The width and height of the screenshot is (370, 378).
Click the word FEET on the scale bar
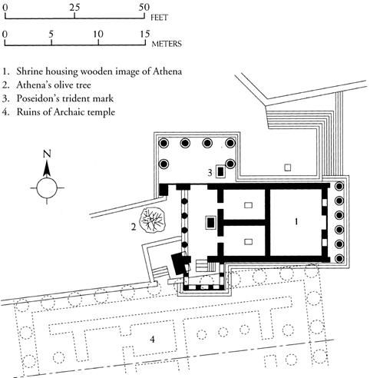pos(159,18)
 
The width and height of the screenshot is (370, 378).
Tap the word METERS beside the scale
pos(167,44)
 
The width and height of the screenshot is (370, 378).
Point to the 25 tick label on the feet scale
pos(74,7)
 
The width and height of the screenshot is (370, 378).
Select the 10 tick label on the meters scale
pos(98,34)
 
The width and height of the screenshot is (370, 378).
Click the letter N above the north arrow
pos(47,154)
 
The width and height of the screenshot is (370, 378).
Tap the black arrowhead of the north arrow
pos(47,169)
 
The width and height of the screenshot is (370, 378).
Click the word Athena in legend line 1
pos(167,71)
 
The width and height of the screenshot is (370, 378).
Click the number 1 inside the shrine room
pos(296,221)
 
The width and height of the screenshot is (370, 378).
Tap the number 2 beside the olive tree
pos(134,227)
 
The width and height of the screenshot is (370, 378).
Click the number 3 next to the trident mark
pos(210,173)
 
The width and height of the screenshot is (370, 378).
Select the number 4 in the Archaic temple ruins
pos(152,340)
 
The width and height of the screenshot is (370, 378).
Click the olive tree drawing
pos(152,220)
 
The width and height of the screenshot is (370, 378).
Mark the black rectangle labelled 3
pos(220,171)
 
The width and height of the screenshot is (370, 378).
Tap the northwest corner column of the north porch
pos(164,143)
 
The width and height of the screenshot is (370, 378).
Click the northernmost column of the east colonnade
pos(340,186)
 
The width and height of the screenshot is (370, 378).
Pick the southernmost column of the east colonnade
pos(340,259)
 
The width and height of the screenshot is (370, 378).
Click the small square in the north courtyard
pos(288,167)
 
